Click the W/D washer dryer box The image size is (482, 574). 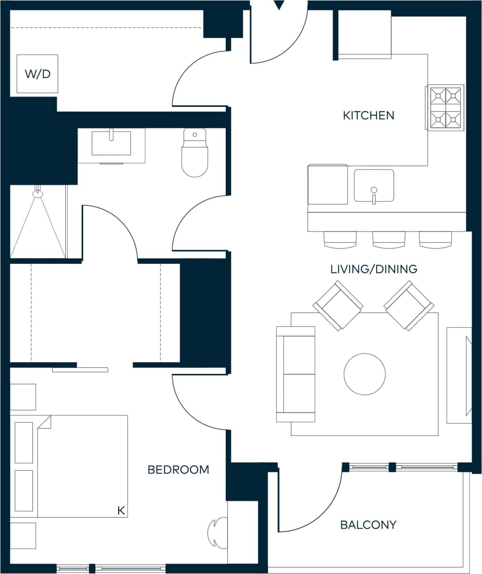38,74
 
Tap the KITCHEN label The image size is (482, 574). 368,115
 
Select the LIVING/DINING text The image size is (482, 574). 373,269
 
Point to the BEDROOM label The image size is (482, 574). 178,470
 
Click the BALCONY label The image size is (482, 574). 368,525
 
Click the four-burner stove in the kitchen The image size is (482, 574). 445,108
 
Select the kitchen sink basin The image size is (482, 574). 374,185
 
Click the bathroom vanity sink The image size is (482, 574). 111,143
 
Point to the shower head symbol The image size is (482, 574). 38,193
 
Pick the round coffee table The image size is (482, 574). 365,374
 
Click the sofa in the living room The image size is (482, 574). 296,374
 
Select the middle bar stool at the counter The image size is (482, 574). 389,240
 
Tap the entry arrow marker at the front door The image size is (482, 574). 279,6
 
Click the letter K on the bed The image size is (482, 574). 121,511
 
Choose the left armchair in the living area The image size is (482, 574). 338,305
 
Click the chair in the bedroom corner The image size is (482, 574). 217,533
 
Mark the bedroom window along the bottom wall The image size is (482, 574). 111,568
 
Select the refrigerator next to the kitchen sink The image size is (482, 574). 328,184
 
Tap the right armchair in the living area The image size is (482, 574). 409,305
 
